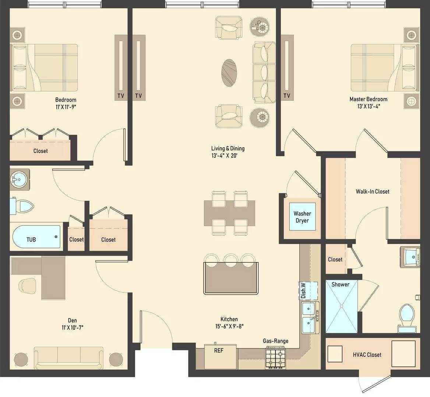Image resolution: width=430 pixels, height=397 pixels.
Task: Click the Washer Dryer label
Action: (302, 217)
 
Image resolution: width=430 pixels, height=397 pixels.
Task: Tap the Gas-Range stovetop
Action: (275, 357)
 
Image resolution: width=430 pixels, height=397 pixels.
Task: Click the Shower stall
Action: (342, 306)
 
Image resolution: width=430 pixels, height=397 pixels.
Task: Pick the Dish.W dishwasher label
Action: (303, 290)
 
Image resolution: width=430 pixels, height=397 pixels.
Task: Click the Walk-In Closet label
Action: (373, 192)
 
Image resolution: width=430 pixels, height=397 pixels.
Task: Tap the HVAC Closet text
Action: (367, 355)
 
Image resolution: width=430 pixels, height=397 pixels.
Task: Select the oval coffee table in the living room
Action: (229, 73)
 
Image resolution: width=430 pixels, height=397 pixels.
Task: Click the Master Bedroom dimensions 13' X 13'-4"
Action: (369, 106)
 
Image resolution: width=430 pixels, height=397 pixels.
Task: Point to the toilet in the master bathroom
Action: (407, 318)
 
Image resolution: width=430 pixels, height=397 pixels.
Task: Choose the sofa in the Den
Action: (69, 358)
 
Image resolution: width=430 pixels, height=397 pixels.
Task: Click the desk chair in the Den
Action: (27, 286)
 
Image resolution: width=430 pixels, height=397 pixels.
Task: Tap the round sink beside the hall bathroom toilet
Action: (19, 180)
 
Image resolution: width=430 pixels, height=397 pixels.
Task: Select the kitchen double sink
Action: (310, 318)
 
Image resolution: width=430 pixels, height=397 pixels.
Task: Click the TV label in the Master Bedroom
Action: (287, 96)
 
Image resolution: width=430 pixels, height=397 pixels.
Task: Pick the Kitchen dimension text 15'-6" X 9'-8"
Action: (229, 326)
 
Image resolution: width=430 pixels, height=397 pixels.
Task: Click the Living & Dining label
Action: (228, 149)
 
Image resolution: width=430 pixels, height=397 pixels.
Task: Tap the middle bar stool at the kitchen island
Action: (231, 260)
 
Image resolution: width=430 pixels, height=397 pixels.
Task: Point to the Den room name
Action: (73, 320)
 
